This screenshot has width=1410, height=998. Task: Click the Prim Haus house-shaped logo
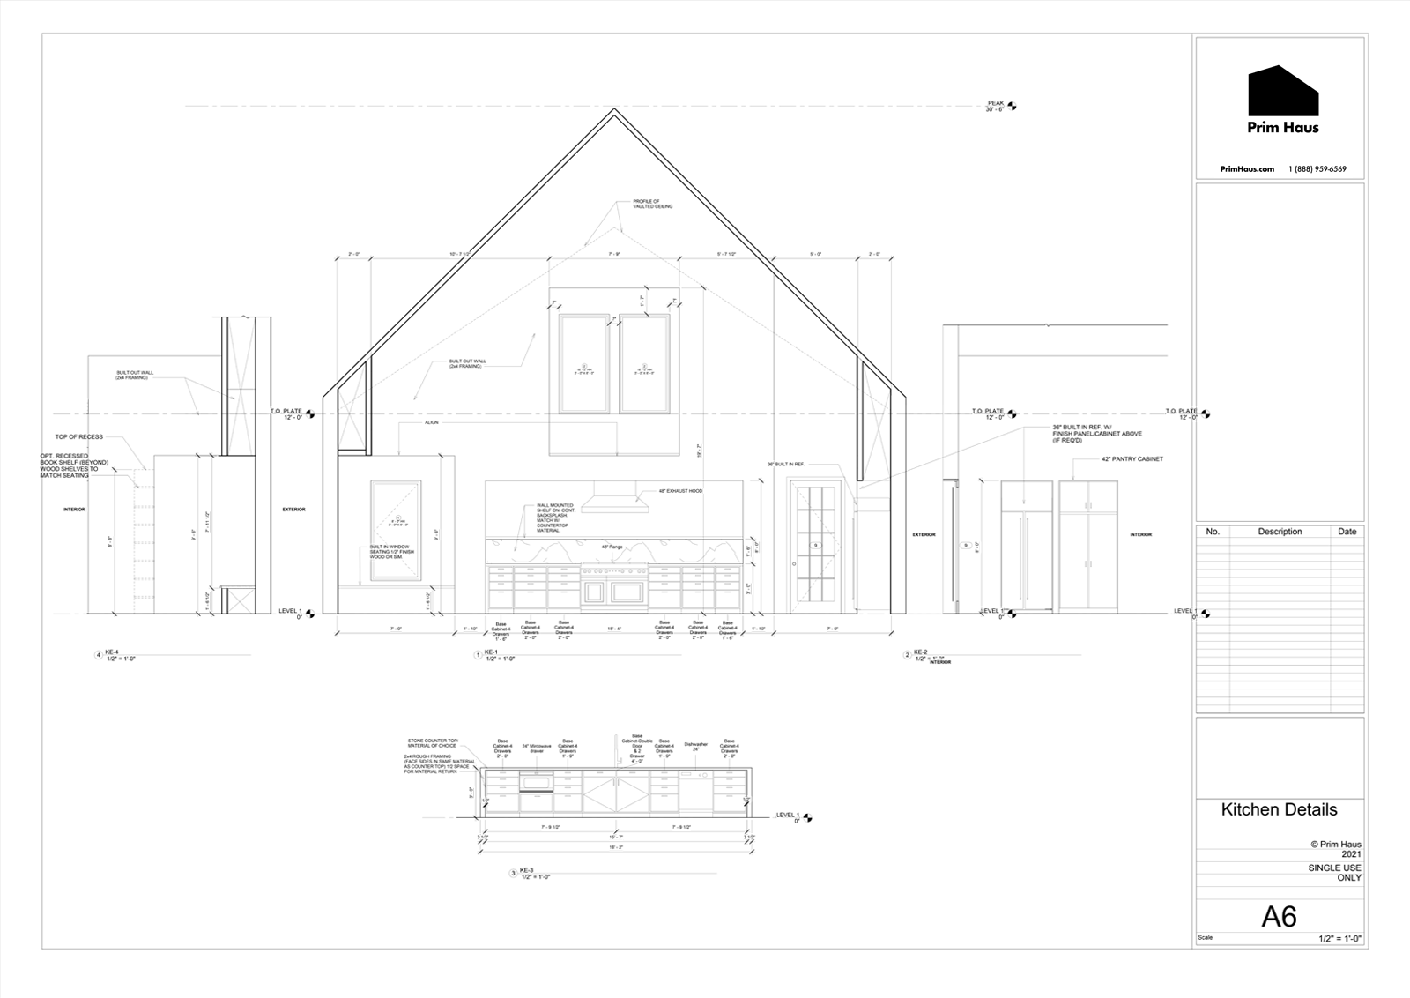1283,91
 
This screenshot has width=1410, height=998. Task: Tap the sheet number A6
1279,917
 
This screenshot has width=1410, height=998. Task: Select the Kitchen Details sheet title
1279,809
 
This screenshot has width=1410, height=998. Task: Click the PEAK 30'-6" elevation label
995,106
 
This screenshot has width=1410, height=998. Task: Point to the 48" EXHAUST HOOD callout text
680,490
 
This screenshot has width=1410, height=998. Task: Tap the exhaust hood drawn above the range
615,496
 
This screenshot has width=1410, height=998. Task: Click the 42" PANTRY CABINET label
1132,459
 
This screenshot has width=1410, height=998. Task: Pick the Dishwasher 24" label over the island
695,747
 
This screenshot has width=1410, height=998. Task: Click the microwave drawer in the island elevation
536,781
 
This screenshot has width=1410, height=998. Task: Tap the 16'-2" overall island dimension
615,847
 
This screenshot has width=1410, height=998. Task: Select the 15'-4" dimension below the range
614,629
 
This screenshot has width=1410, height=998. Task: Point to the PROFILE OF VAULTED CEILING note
652,204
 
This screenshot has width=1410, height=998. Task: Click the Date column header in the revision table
1347,532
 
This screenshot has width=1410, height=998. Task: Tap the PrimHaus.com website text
1247,169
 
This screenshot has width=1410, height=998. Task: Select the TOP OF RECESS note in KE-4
78,436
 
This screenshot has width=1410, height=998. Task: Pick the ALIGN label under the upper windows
431,422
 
